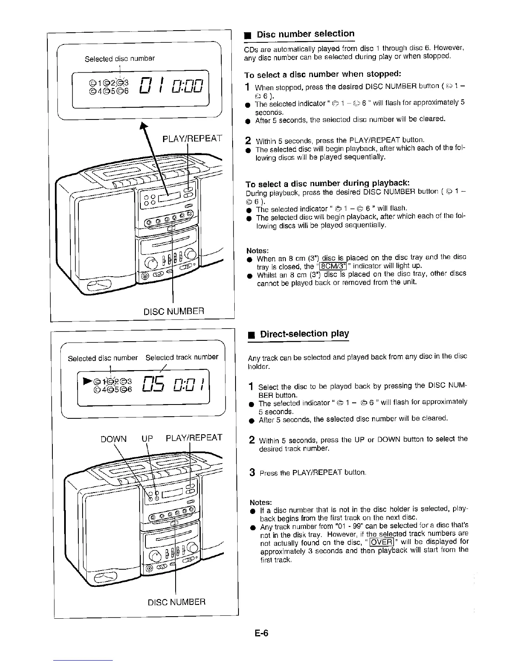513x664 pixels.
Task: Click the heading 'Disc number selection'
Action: coord(306,34)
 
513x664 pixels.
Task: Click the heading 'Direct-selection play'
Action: coord(304,334)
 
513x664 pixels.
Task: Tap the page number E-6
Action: coord(260,633)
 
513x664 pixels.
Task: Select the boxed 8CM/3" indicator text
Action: coord(332,266)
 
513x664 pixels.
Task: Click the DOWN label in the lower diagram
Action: coord(114,439)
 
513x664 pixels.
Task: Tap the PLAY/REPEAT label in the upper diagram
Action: coord(193,138)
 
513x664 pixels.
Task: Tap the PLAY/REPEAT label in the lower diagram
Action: coord(194,439)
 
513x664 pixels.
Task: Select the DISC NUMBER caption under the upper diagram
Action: coord(174,311)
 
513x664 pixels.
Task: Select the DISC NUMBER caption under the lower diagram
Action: coord(177,602)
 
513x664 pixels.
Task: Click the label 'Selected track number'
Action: coord(182,358)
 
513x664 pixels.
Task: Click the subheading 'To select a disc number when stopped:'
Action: coord(323,75)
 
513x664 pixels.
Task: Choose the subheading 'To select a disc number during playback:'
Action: coord(326,184)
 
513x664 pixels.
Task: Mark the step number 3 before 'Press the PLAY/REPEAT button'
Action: coord(252,473)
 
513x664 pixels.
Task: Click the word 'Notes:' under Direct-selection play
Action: coord(261,502)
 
